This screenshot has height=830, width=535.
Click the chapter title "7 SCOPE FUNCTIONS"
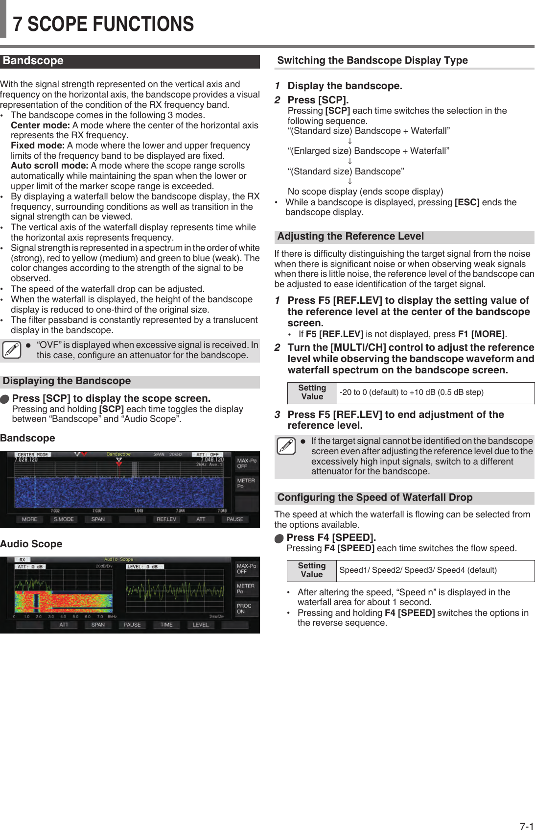[x=103, y=24]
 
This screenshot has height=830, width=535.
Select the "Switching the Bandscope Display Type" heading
[x=372, y=60]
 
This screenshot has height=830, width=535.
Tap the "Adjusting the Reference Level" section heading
[x=350, y=236]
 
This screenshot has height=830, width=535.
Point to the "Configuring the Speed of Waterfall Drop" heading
[x=374, y=497]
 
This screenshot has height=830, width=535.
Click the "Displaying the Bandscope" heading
[x=67, y=381]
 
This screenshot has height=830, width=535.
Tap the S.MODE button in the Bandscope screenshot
[x=64, y=519]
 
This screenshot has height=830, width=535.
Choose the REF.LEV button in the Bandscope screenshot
[x=166, y=519]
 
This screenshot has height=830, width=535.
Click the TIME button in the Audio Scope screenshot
[x=166, y=625]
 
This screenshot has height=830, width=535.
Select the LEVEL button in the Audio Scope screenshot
[x=200, y=625]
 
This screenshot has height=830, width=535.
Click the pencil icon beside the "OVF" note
[x=12, y=350]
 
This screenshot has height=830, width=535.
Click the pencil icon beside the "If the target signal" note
[x=286, y=446]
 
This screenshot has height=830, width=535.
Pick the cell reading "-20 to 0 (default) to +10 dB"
[x=412, y=392]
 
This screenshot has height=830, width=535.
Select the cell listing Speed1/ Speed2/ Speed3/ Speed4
[x=418, y=570]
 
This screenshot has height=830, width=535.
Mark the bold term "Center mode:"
[x=40, y=125]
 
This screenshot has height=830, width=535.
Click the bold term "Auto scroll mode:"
[x=49, y=166]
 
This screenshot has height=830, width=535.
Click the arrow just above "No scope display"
[x=350, y=181]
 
